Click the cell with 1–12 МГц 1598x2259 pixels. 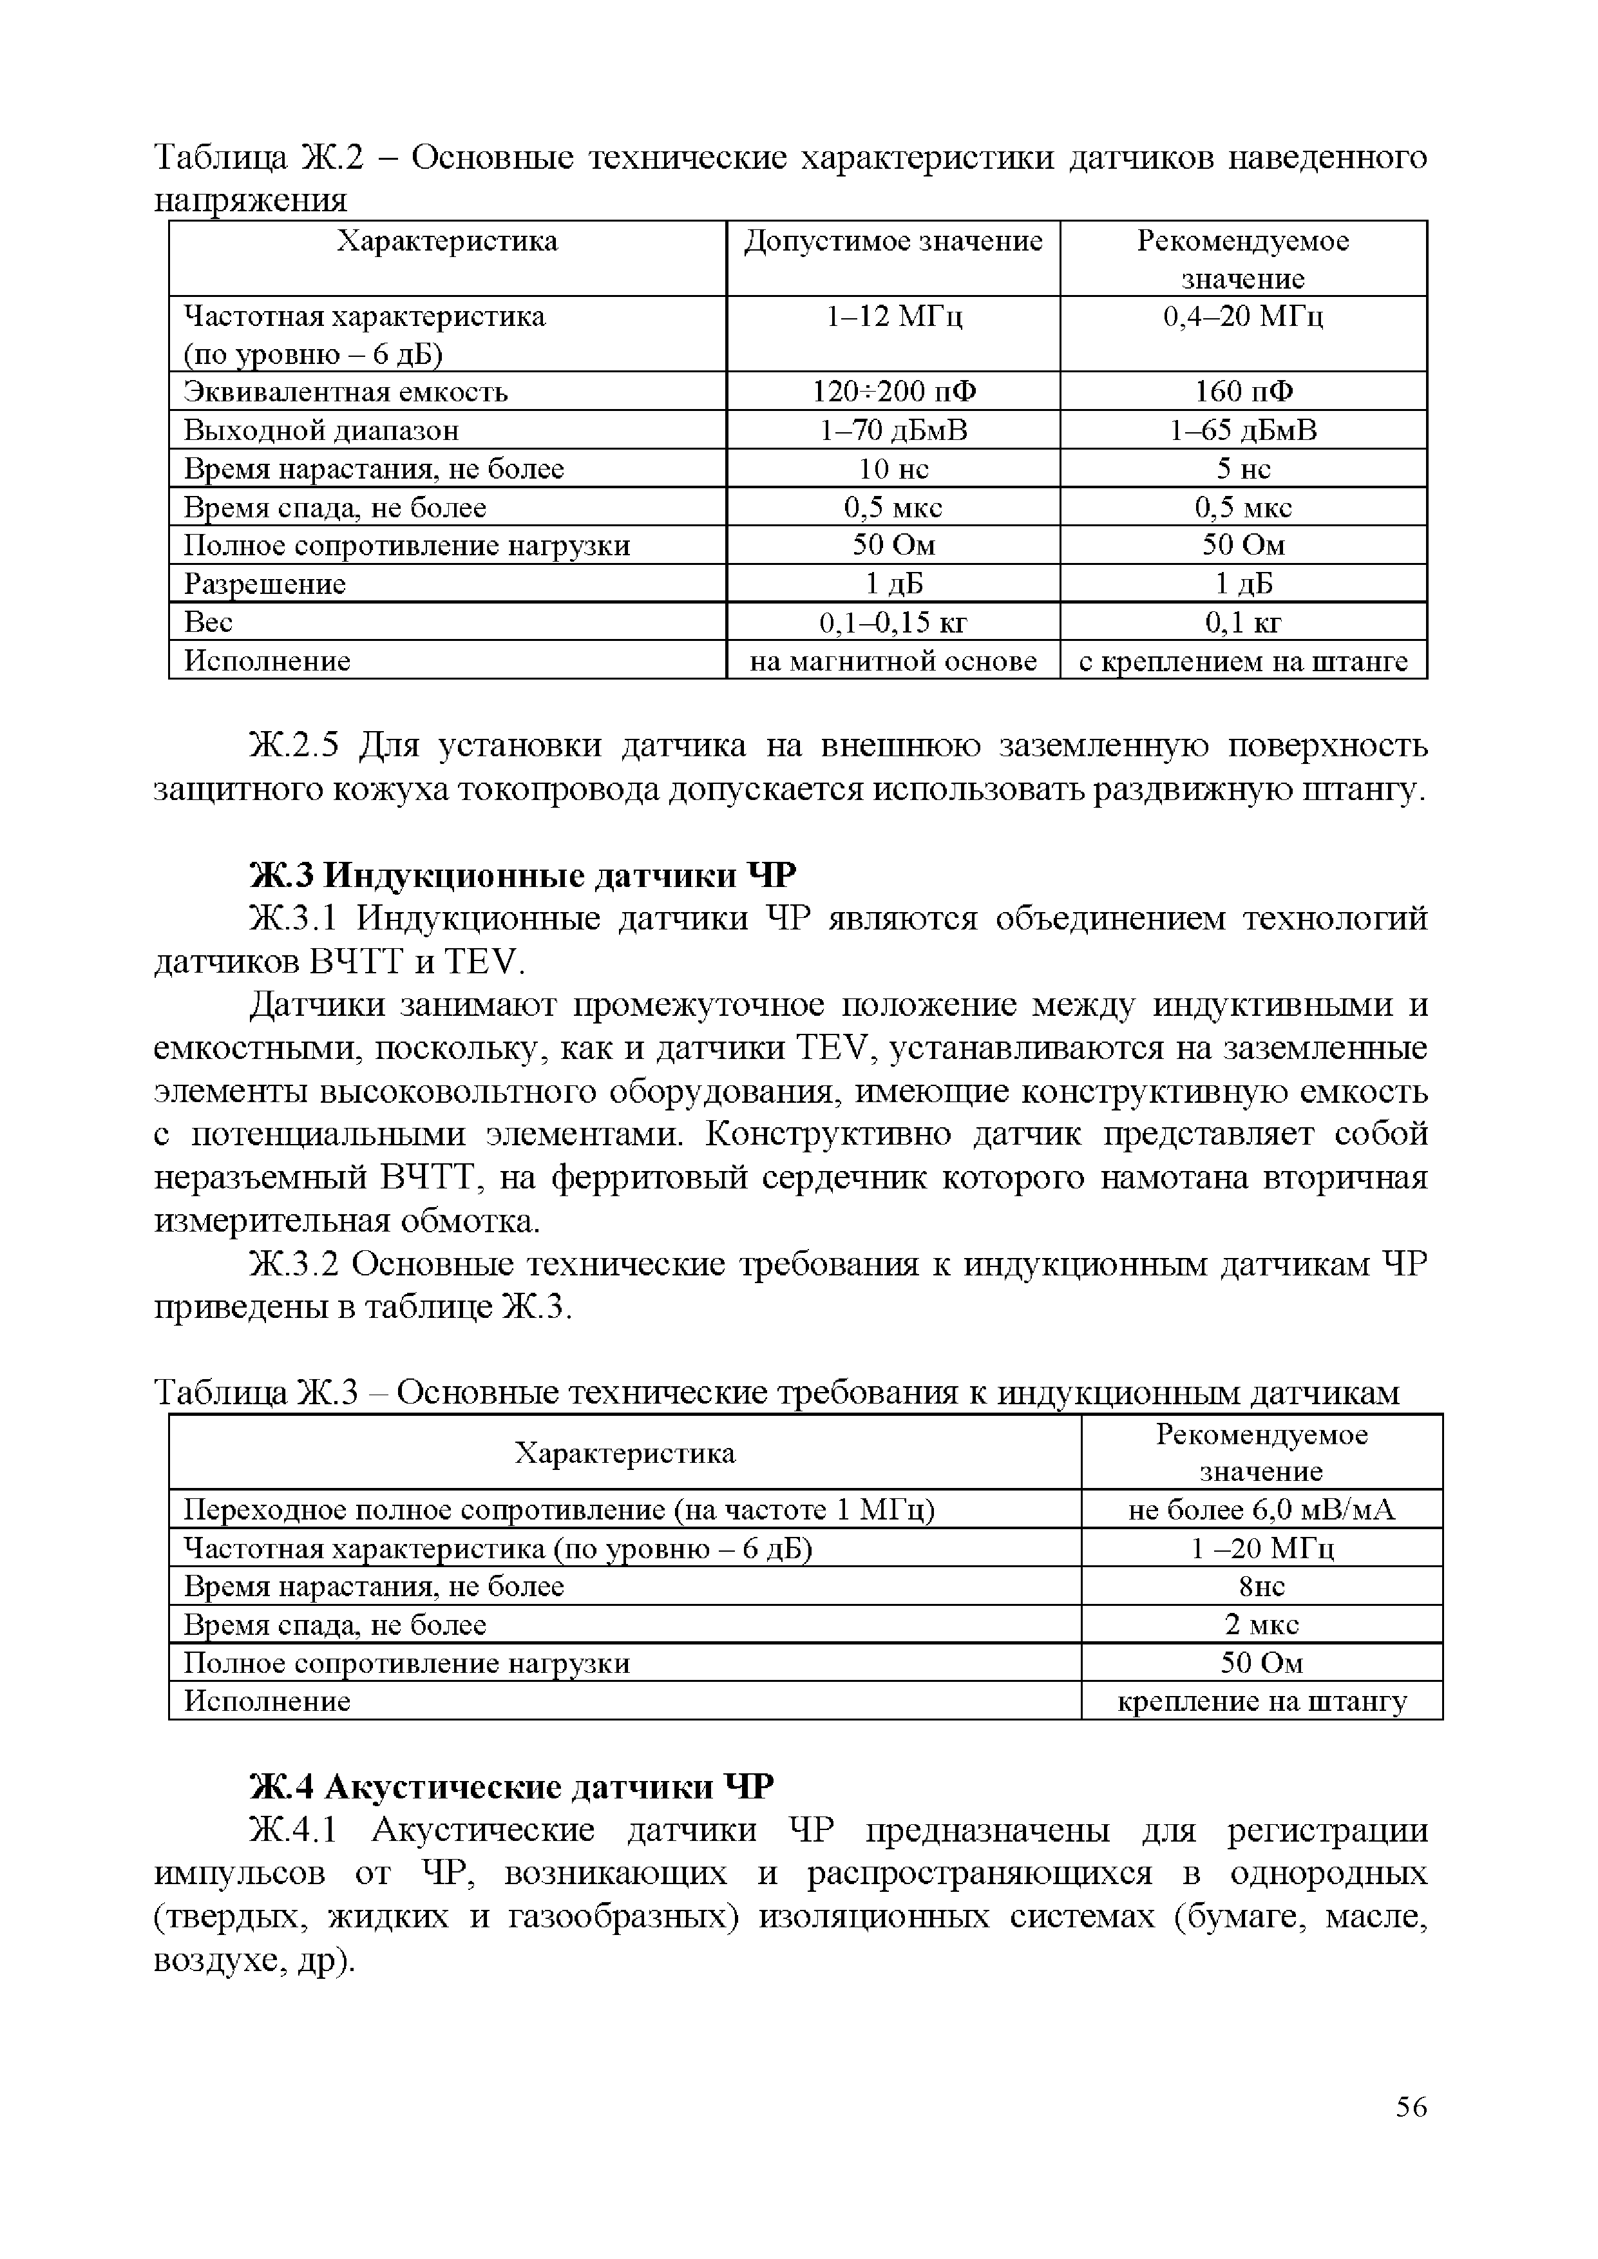pos(893,317)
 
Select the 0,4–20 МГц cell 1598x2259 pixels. pos(1242,317)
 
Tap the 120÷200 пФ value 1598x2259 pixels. pos(893,392)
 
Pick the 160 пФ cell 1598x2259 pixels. pos(1242,392)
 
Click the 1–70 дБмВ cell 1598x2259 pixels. pos(893,430)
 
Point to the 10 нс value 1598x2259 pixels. pos(893,468)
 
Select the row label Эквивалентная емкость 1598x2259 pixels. pos(347,392)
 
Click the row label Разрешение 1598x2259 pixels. pos(265,584)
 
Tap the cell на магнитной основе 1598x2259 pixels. pos(893,660)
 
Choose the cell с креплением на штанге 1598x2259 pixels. pos(1242,660)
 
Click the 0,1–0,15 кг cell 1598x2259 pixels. pos(893,622)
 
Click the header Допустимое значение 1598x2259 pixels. pos(893,241)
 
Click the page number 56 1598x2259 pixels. pos(1410,2106)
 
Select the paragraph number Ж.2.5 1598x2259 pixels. pos(294,746)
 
